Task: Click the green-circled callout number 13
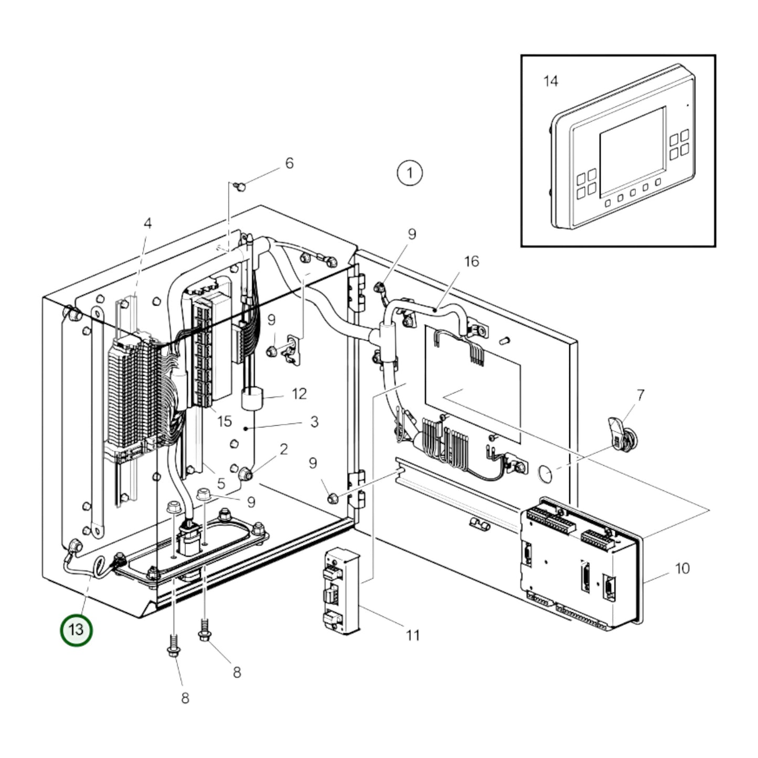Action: (x=77, y=630)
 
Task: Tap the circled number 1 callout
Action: (x=410, y=173)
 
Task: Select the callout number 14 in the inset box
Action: (x=550, y=81)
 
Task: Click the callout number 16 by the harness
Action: (x=472, y=261)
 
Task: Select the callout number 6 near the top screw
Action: (x=289, y=163)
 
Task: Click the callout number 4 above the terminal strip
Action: (x=147, y=223)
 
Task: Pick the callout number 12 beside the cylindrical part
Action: (x=299, y=393)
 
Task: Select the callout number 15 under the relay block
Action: (x=224, y=421)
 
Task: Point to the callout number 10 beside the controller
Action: (x=682, y=568)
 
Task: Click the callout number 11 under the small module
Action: (x=413, y=635)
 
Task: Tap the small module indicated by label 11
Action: (x=341, y=590)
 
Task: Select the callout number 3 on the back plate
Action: (x=314, y=422)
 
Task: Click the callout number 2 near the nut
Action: (x=284, y=449)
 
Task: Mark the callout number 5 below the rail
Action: (x=221, y=483)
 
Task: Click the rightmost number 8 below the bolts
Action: (x=237, y=672)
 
